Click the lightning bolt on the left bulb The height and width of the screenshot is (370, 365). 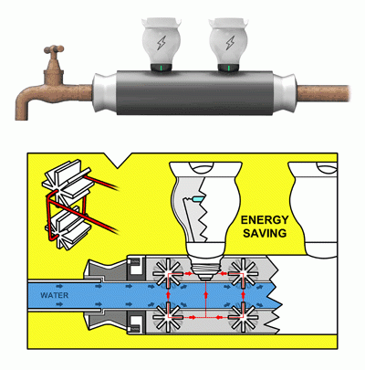[x=162, y=43]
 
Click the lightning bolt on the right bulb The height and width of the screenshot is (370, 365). [x=230, y=43]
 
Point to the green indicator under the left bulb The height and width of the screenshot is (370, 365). [x=162, y=69]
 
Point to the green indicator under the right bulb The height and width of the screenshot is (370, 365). [x=229, y=69]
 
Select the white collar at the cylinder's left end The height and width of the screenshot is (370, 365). [x=104, y=92]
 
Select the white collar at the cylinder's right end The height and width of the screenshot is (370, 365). [x=285, y=92]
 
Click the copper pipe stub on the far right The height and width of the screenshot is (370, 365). [x=323, y=94]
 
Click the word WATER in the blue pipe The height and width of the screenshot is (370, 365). [x=55, y=295]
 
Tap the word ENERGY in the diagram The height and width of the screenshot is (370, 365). [x=265, y=220]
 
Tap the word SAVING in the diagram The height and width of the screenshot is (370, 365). [x=265, y=233]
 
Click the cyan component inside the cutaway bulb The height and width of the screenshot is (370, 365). [x=197, y=199]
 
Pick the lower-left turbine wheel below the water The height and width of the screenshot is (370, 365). [x=168, y=317]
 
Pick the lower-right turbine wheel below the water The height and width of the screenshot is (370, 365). [x=243, y=317]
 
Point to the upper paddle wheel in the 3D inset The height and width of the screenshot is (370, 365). [x=68, y=182]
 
